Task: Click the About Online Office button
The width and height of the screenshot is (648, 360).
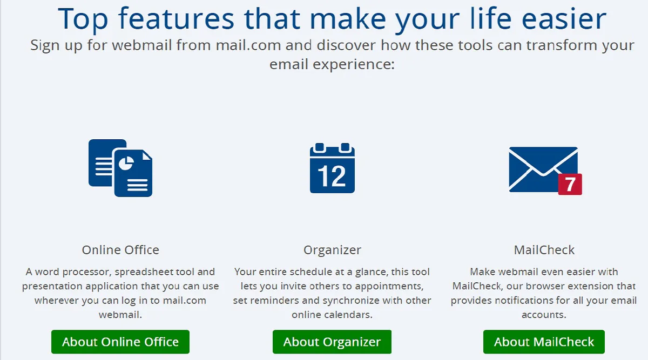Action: [x=120, y=342]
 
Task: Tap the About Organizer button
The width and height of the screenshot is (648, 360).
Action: [x=332, y=342]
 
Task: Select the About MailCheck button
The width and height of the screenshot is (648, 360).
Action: [x=544, y=342]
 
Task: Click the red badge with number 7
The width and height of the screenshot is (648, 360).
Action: [x=570, y=185]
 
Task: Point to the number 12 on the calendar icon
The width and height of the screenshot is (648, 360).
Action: [x=332, y=176]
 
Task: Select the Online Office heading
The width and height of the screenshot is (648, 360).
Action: [x=120, y=250]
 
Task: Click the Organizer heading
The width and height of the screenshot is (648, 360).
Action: [x=332, y=250]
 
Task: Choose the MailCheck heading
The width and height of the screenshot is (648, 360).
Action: [x=544, y=250]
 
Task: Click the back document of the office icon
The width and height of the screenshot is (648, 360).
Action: [x=100, y=162]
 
